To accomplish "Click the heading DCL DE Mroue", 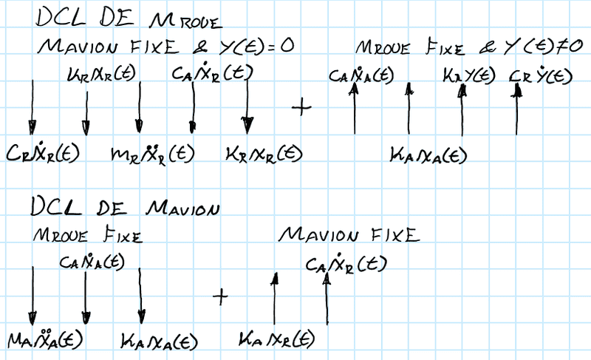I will click(122, 18).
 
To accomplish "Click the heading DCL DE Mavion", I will click(126, 208).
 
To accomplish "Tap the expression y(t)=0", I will click(256, 46).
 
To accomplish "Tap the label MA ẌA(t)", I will click(44, 339).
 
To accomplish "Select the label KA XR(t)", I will click(278, 341).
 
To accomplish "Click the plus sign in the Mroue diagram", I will click(301, 106).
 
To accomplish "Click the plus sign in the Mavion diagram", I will click(219, 296).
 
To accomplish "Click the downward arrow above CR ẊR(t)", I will click(32, 107).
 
